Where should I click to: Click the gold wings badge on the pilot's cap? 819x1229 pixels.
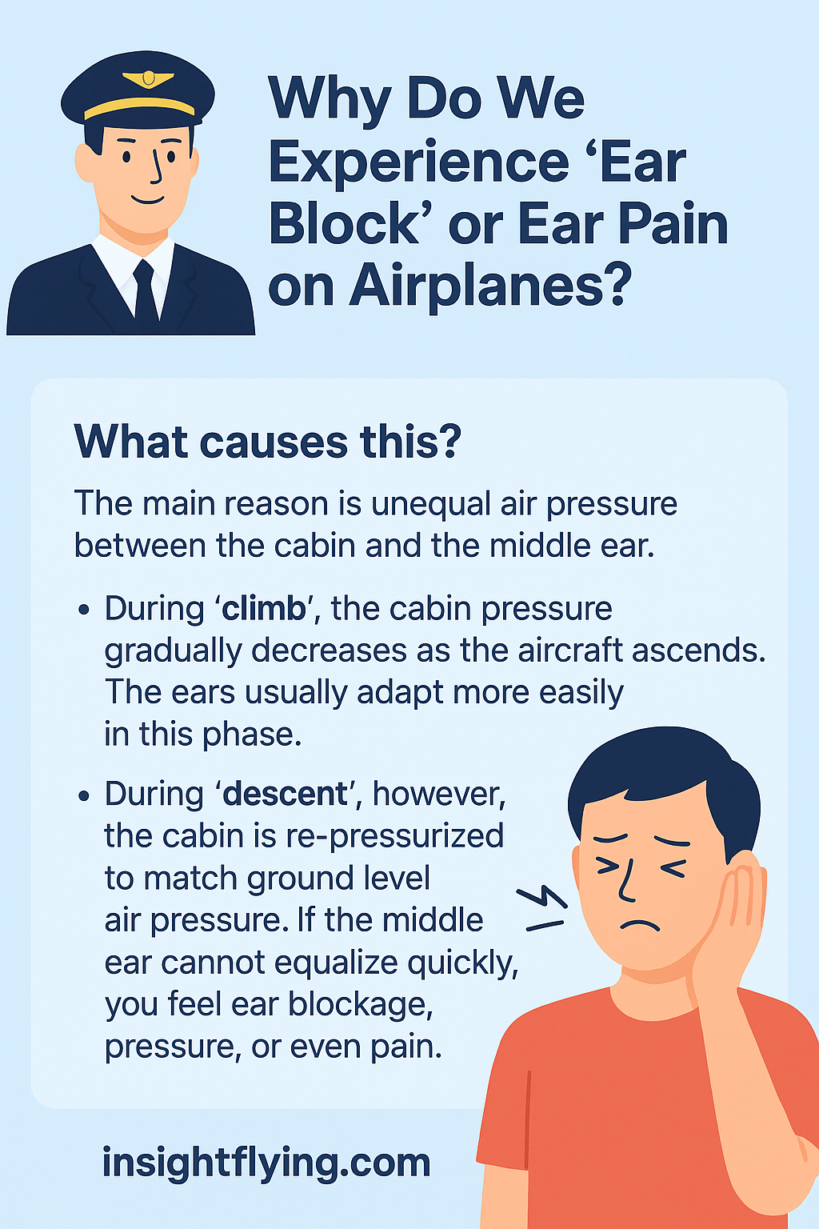pyautogui.click(x=148, y=79)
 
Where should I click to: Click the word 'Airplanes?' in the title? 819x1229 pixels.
pyautogui.click(x=487, y=286)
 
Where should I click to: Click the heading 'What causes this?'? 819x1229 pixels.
pyautogui.click(x=267, y=442)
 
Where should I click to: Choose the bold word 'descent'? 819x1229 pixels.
pyautogui.click(x=286, y=794)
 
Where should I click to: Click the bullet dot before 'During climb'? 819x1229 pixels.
pyautogui.click(x=84, y=610)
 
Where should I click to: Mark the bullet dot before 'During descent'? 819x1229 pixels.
pyautogui.click(x=84, y=795)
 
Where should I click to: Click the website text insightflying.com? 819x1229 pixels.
pyautogui.click(x=266, y=1162)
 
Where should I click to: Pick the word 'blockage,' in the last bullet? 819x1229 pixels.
pyautogui.click(x=361, y=1005)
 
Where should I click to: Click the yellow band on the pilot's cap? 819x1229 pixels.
pyautogui.click(x=139, y=107)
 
